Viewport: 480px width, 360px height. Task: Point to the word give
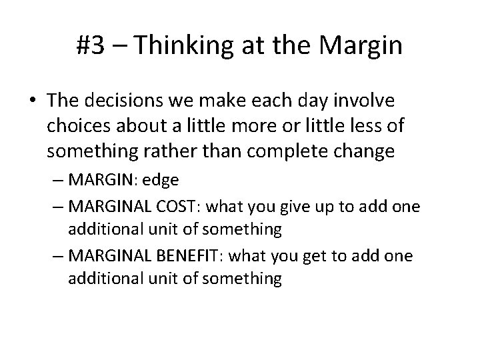click(x=305, y=206)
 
